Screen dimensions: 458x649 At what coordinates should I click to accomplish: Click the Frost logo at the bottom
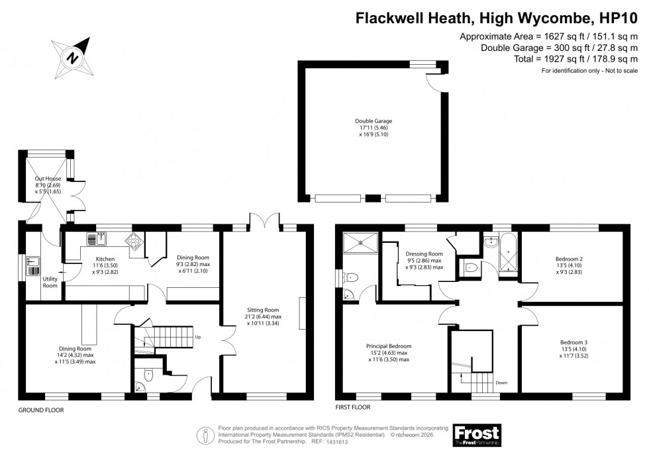(476, 434)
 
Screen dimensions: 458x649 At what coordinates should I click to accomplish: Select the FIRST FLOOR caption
(353, 408)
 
